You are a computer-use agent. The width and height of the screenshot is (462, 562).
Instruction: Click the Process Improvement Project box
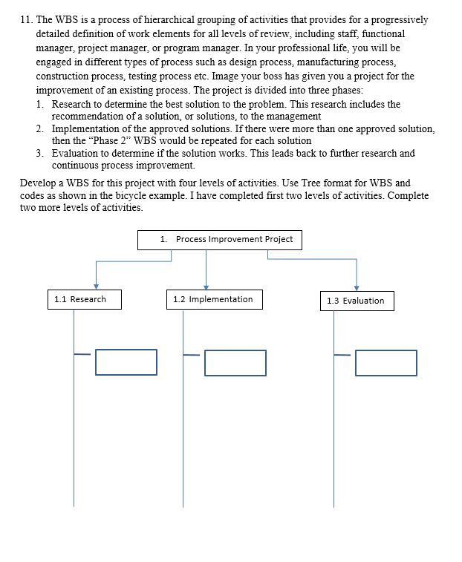coord(221,240)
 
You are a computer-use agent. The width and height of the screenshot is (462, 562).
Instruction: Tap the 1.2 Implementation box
coord(212,299)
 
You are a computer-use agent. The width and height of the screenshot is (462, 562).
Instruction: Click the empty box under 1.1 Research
coord(126,362)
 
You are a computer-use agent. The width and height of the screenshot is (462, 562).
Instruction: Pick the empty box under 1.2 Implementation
coord(235,362)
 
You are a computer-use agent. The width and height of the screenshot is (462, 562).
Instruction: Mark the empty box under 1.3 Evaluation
coord(385,362)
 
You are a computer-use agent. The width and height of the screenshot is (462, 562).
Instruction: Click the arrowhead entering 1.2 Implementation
coord(206,287)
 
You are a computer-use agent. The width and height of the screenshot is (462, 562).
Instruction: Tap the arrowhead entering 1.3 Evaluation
coord(357,287)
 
